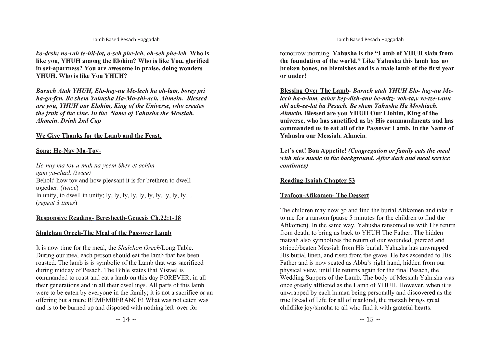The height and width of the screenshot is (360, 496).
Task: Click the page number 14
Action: tap(126, 319)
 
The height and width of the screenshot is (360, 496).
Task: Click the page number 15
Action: tap(370, 319)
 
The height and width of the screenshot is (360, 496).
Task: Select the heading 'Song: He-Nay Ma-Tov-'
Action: tap(69, 151)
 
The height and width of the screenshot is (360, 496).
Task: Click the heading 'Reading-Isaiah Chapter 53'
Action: tap(317, 181)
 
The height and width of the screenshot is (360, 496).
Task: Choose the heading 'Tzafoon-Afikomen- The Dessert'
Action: tap(324, 196)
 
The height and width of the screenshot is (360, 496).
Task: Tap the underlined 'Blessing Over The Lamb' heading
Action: tap(314, 91)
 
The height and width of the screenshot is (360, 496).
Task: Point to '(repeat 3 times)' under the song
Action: tap(57, 203)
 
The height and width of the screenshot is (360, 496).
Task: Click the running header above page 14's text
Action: tap(126, 40)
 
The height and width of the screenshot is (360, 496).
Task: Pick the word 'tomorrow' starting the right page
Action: tap(292, 54)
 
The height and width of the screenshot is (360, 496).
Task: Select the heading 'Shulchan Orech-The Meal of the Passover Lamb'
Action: tap(103, 233)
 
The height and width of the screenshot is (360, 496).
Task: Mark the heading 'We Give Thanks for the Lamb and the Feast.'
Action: tap(99, 136)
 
